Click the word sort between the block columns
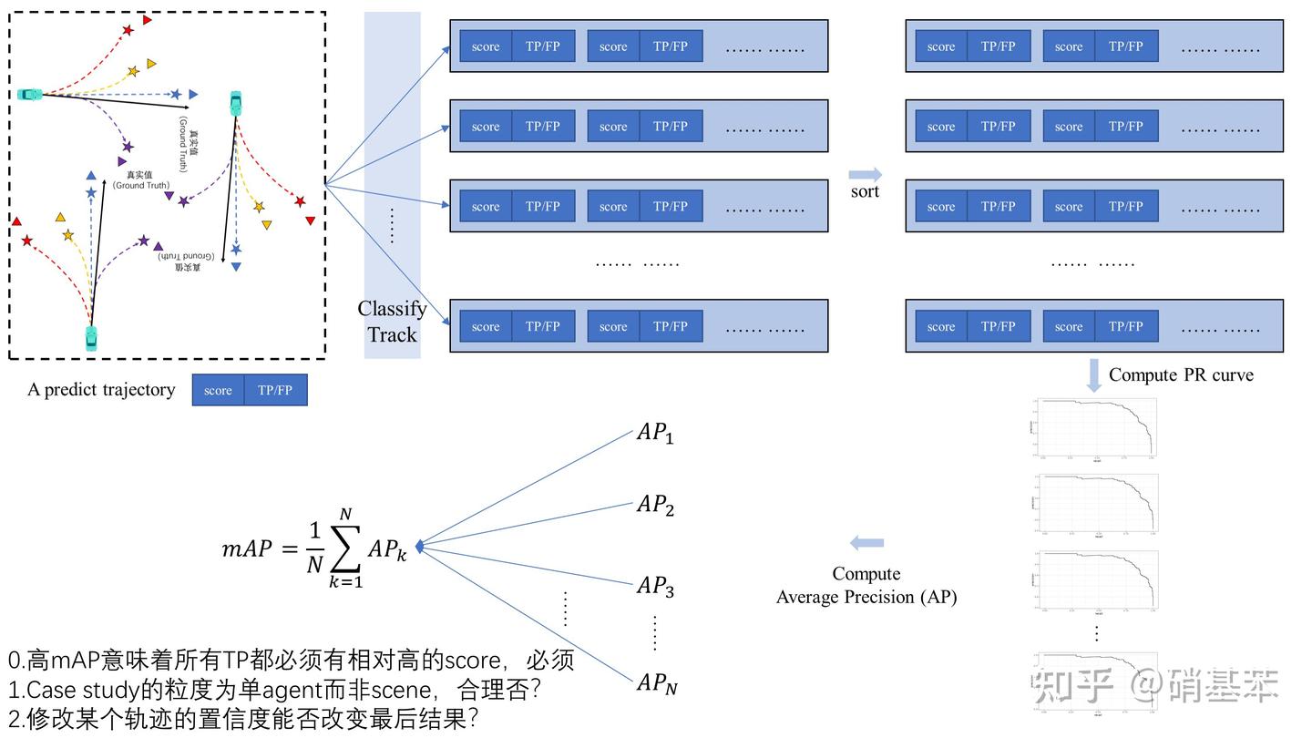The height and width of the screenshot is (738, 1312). coord(865,191)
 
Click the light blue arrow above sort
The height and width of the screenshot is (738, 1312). coord(865,174)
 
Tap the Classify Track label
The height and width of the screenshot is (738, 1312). coord(392,322)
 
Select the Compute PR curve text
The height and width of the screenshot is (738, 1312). coord(1181,374)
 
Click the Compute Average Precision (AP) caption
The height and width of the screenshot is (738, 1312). coord(866,585)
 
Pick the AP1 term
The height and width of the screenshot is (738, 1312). coord(654,433)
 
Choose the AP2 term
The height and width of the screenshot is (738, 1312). coord(654,505)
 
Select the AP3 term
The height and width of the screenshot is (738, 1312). coord(654,586)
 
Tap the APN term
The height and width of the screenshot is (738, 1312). coord(656,683)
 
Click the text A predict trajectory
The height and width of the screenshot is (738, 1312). coord(101,390)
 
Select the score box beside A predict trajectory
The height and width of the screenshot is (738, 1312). coord(219,390)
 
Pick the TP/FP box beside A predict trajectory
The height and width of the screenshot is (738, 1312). coord(275,390)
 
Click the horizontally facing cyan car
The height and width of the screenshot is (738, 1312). coord(29,94)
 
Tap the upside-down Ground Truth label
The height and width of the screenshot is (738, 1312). coord(189,261)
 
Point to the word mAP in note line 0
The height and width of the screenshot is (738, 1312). coord(77,661)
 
